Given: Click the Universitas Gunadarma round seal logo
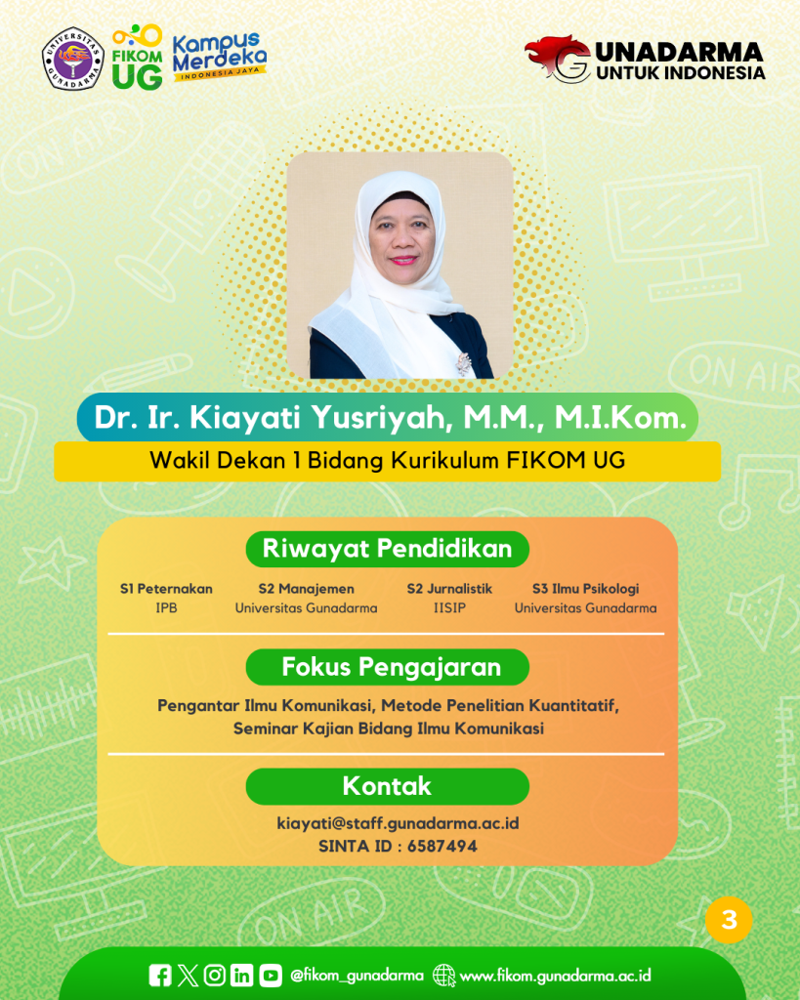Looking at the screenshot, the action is coord(72,59).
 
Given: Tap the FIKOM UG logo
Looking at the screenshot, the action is coord(137,57).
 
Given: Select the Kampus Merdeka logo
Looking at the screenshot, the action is coord(219,57).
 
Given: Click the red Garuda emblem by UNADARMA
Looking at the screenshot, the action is coord(558,59).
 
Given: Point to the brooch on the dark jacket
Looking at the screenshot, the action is coord(463,363).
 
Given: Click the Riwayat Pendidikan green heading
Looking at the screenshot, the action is coord(387,549).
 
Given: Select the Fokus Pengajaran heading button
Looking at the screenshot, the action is coord(387,667).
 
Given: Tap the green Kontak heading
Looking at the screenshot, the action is coord(387,786).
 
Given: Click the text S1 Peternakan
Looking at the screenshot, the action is coord(166,589).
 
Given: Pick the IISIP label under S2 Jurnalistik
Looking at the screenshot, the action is coord(449,607).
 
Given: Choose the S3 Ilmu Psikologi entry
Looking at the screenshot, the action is coord(586,589).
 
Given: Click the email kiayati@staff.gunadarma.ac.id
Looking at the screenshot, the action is coord(399,823).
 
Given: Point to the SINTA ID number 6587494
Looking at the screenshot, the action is coord(442,847).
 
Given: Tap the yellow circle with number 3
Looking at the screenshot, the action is coord(730,920).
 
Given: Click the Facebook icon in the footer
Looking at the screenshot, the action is coord(160,976).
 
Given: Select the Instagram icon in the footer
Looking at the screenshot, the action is coord(215,976).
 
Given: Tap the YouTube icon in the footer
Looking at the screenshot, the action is coord(271,976).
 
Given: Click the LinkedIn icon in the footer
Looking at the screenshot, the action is coord(242,976).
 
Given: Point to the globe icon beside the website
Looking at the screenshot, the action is coord(444,976).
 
